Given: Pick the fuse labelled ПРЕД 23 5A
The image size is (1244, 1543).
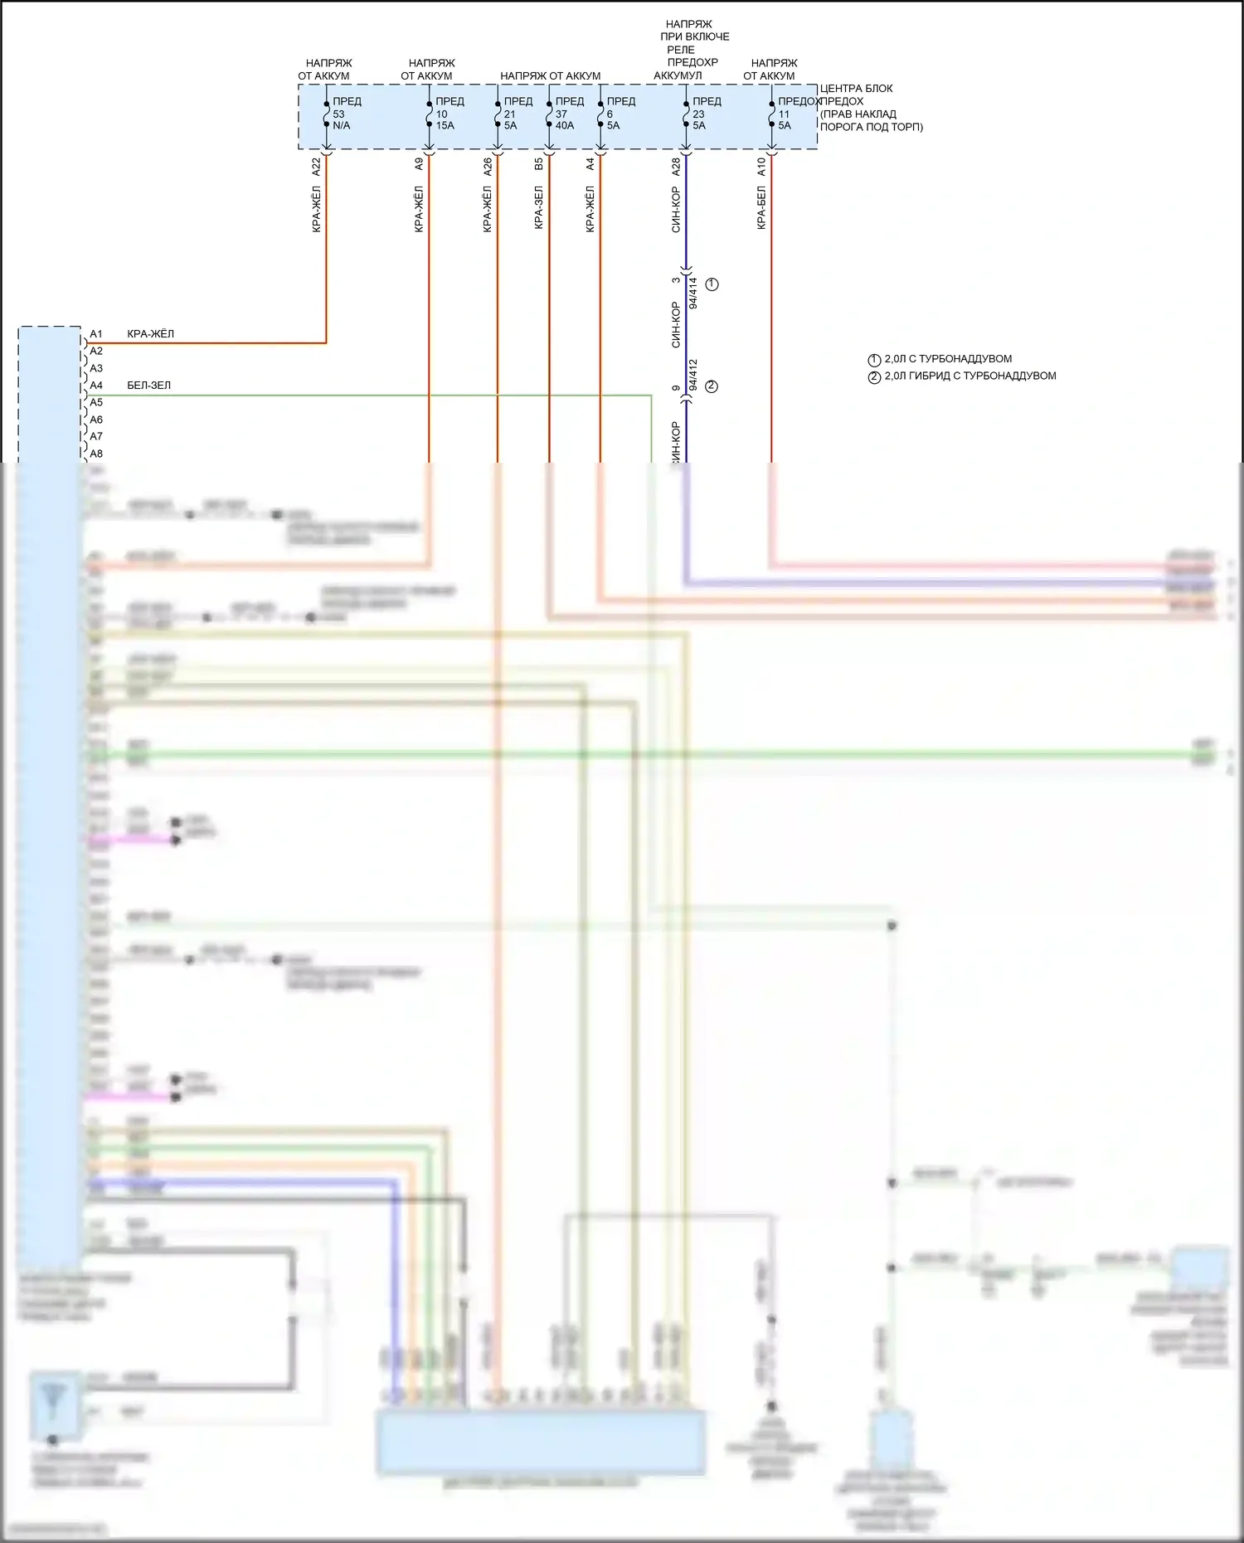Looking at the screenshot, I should point(700,114).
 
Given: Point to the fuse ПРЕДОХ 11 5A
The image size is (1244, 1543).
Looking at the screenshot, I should point(786,114).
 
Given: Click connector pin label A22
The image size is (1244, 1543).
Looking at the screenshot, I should point(316,166).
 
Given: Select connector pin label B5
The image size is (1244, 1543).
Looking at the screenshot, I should point(538,164).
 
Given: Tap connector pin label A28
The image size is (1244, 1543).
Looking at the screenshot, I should point(676,166).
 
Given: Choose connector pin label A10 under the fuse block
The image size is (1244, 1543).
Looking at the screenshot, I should point(761,166).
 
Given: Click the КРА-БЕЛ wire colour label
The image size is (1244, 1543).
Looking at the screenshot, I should point(761,207).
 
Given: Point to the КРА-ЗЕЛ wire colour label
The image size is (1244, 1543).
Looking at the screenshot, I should point(538,207).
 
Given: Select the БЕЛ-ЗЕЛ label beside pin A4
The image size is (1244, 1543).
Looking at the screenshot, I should point(149,386).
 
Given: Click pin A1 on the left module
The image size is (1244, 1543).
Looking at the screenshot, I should point(96,334).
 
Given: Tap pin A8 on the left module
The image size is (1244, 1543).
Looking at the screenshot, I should point(96,454).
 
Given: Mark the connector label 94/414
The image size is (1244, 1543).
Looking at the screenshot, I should point(693,293).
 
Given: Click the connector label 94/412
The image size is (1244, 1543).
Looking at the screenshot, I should point(693,375).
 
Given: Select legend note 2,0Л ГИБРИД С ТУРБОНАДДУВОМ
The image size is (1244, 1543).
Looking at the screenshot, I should point(969,376).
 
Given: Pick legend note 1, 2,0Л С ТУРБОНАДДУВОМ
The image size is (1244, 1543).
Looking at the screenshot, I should point(947,359).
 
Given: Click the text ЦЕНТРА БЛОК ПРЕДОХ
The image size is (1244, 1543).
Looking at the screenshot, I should point(856,95).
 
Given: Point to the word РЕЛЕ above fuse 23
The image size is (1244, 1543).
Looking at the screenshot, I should point(681,50).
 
